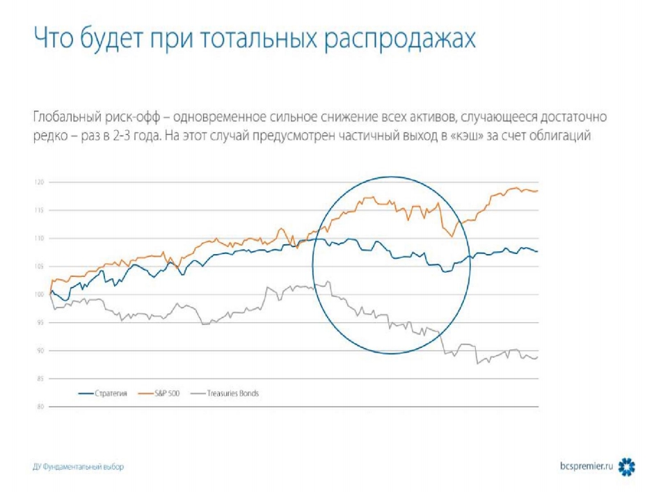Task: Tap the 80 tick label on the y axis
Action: [x=39, y=406]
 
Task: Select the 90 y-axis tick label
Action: [x=39, y=351]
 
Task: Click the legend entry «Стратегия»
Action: [x=108, y=394]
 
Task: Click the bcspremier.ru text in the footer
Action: [x=587, y=465]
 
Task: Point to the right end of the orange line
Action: [x=538, y=191]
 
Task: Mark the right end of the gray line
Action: [x=538, y=357]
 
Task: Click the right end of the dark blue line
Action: [x=538, y=251]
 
